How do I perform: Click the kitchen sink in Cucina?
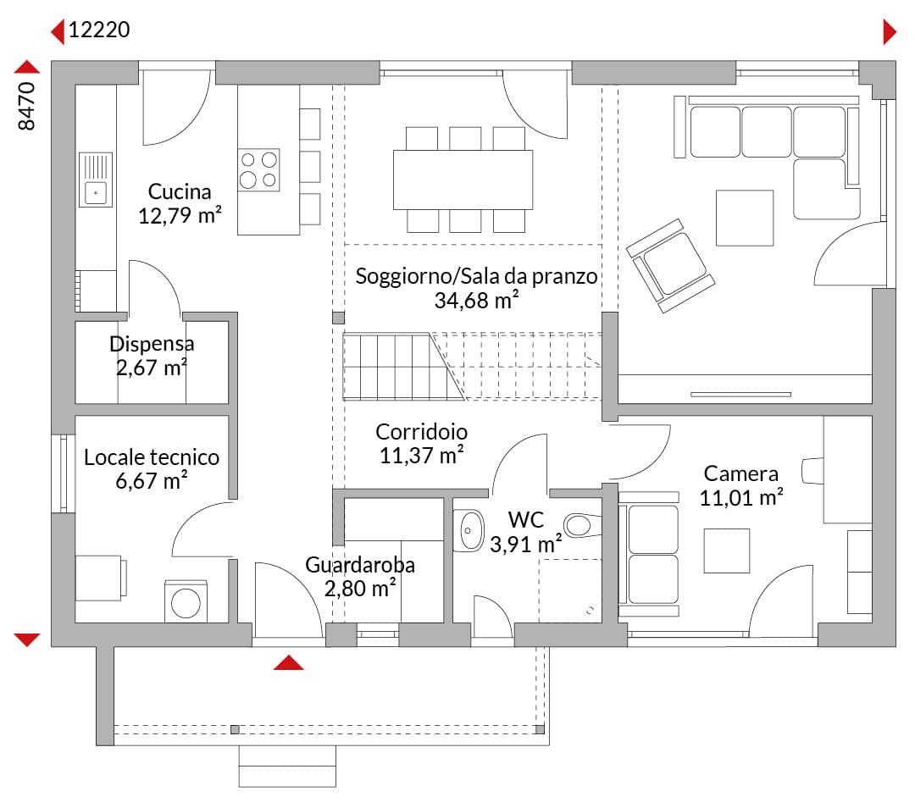pos(95,180)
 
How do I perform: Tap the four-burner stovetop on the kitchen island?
pos(258,169)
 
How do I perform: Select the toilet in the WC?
pos(582,526)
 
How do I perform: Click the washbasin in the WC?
pos(469,530)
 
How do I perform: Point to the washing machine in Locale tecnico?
pos(186,600)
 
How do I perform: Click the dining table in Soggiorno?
pos(463,180)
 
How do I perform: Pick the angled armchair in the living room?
pos(670,265)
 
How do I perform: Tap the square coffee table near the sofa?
pos(745,218)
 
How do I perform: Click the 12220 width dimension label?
pos(99,30)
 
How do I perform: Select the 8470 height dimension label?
pos(27,106)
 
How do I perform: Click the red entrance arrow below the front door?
pos(288,662)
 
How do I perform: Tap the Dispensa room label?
pos(152,344)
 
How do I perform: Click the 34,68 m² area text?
pos(476,300)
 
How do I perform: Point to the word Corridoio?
pos(421,432)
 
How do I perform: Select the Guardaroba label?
pos(360,565)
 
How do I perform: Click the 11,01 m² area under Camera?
pos(741,497)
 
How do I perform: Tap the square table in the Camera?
pos(727,551)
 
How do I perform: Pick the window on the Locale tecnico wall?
pos(64,473)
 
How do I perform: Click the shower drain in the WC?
pos(590,611)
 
